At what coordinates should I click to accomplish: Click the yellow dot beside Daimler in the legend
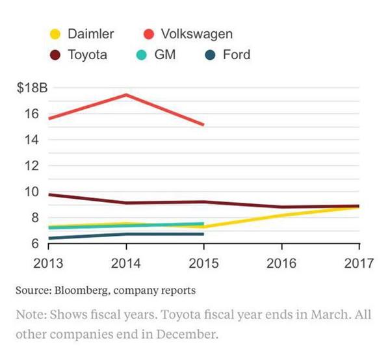click(57, 33)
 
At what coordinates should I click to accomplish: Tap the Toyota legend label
click(87, 55)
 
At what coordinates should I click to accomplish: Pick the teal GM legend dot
click(140, 55)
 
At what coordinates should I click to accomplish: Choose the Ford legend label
click(236, 55)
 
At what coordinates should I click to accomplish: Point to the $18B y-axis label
click(32, 88)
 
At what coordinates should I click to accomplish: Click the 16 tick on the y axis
click(33, 114)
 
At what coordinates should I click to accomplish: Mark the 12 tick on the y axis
click(33, 165)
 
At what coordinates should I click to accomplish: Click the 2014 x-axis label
click(125, 264)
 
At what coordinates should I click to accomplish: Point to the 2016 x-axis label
click(281, 264)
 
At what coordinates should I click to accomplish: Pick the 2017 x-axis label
click(357, 264)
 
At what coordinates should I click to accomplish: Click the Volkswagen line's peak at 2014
click(126, 95)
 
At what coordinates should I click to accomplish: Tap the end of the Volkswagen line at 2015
click(204, 125)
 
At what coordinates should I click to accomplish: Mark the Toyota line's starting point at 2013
click(49, 194)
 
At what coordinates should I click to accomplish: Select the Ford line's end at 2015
click(204, 234)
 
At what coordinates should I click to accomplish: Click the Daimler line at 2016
click(281, 215)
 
